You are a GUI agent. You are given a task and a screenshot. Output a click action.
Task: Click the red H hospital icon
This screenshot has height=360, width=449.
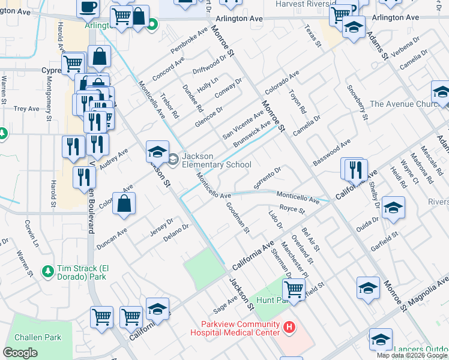[x=289, y=327]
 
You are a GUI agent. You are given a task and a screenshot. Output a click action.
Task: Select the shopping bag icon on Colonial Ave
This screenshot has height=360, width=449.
[x=124, y=204]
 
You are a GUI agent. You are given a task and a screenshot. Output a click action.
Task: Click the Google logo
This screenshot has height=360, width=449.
[x=20, y=352]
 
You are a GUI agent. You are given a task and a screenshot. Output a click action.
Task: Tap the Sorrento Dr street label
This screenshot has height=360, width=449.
[x=267, y=178]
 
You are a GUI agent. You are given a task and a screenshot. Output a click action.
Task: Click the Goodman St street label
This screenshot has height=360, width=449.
[x=238, y=218]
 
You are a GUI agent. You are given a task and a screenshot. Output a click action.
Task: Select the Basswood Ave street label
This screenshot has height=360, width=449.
[x=331, y=153]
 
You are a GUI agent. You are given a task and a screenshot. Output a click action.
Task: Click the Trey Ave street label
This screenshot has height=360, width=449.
[x=26, y=109]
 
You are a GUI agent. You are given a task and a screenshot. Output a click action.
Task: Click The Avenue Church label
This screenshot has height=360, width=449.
[x=406, y=104]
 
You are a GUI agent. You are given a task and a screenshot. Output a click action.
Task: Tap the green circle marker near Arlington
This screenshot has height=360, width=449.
[x=152, y=25]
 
